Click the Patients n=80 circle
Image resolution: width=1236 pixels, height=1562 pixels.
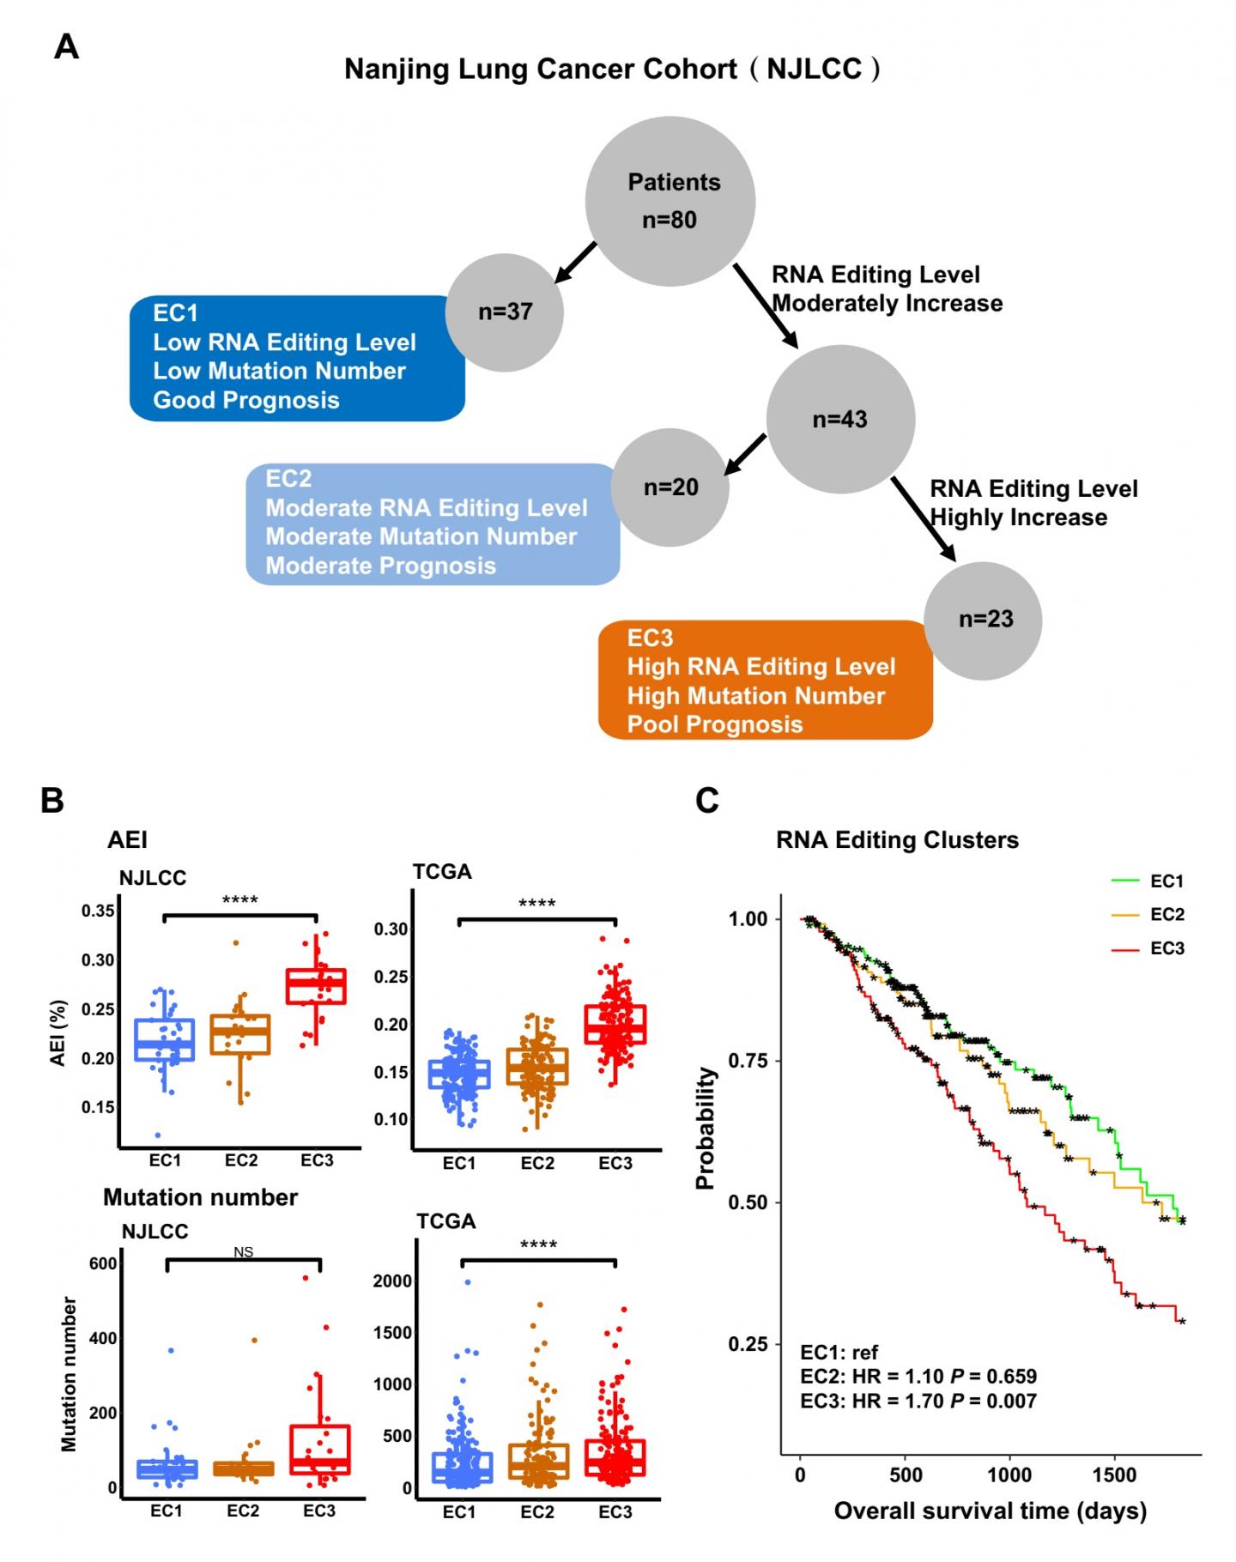click(x=670, y=202)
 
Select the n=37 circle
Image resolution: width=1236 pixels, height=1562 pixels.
click(x=506, y=312)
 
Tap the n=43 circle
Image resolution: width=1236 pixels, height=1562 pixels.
click(x=840, y=420)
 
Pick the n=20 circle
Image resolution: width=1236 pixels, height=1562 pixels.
click(x=670, y=487)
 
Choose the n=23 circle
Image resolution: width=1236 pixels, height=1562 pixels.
click(x=985, y=620)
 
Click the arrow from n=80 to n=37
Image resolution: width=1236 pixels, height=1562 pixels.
click(x=575, y=262)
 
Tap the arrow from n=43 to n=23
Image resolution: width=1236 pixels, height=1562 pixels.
click(x=924, y=519)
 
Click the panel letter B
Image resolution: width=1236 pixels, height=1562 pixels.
click(x=52, y=801)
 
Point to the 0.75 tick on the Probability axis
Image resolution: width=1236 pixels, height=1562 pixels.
click(x=747, y=1061)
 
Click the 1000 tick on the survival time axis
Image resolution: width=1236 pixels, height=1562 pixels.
click(x=1009, y=1475)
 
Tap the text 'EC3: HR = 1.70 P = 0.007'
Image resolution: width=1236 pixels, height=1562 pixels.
click(x=918, y=1402)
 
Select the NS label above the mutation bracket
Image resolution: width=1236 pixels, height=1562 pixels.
click(x=243, y=1252)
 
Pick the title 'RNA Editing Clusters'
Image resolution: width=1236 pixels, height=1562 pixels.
click(x=897, y=840)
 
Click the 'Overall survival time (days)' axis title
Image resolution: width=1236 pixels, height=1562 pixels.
click(x=990, y=1511)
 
